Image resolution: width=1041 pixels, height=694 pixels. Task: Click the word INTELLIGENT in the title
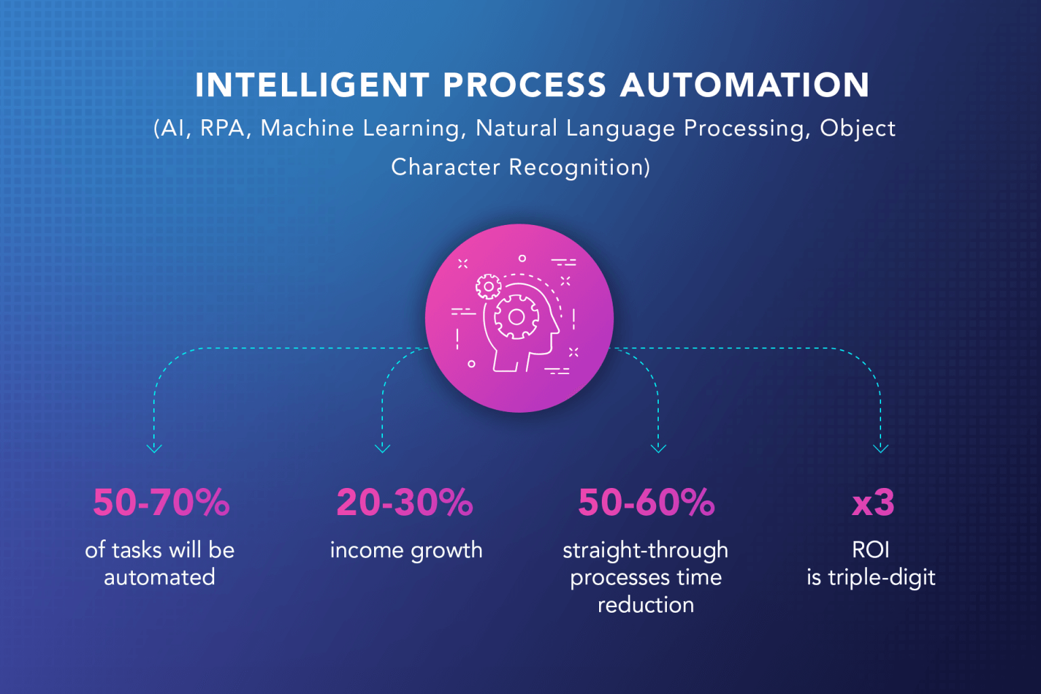[x=312, y=85]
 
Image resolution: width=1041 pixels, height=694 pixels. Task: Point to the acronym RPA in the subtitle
[x=222, y=128]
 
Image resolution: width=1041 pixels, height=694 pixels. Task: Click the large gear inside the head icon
[x=516, y=317]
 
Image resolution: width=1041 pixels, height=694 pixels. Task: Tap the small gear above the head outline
[x=488, y=287]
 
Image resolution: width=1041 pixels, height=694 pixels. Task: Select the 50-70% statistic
[x=161, y=503]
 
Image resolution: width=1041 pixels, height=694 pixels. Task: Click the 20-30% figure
[x=405, y=503]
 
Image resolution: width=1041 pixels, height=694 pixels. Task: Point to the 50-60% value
[x=646, y=503]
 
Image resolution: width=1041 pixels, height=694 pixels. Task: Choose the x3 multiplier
[x=873, y=503]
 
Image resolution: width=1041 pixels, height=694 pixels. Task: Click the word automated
[x=159, y=577]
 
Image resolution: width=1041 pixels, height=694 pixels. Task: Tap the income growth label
[x=406, y=550]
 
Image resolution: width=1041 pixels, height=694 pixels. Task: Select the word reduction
[x=645, y=605]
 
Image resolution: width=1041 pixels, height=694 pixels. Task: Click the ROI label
[x=870, y=550]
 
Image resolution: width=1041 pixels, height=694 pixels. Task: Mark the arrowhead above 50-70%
[x=155, y=448]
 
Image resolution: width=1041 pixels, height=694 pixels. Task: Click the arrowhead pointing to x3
[x=880, y=448]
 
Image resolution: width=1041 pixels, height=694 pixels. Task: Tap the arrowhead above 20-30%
[x=382, y=448]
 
